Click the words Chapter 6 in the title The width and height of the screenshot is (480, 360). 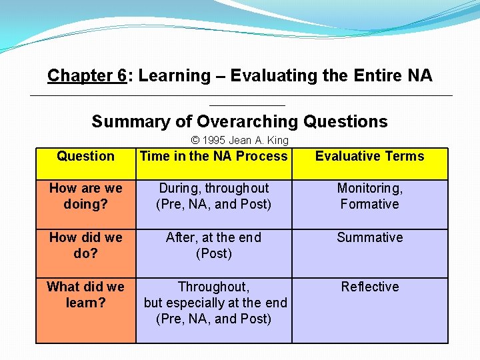(87, 76)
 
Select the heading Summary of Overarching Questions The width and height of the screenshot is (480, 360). (239, 121)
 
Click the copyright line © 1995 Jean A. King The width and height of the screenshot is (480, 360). (239, 140)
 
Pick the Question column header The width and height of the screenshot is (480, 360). (85, 156)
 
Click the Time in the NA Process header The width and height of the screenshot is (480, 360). (213, 156)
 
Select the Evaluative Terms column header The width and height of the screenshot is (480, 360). (369, 156)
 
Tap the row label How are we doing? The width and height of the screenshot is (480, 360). (85, 196)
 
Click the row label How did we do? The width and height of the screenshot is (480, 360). (85, 245)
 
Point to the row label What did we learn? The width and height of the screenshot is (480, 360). (85, 295)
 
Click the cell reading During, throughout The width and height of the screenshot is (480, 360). (213, 196)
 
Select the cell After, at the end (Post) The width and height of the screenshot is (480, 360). (213, 245)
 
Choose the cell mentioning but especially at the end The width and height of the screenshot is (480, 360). (215, 303)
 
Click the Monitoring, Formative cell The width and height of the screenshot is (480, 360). (369, 196)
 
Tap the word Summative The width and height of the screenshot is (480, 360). (369, 237)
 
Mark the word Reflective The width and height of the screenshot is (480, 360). (369, 287)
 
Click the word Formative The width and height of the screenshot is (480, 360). (369, 204)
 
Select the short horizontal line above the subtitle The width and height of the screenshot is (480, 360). (247, 105)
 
